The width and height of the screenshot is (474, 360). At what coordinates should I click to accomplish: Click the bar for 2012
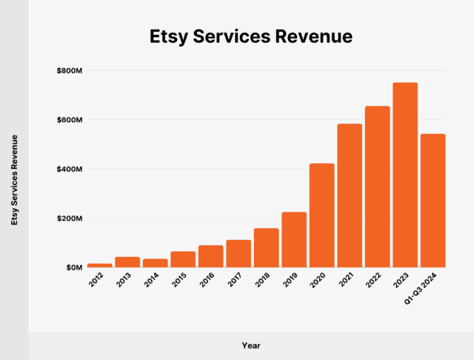coord(99,265)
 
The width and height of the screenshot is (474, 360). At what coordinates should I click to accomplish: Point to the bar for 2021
coord(350,196)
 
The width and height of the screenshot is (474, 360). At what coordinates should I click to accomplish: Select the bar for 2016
coord(210,256)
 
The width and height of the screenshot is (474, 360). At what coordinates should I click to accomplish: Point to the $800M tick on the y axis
coord(70,70)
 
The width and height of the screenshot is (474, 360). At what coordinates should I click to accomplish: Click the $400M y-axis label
coord(70,169)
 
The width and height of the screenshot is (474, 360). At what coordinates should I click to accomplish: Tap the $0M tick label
coord(73,267)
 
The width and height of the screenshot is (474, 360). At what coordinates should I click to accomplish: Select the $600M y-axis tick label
coord(70,120)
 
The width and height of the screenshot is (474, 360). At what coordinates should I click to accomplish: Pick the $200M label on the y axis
coord(70,219)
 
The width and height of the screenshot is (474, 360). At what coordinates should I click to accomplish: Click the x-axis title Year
coord(250,345)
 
